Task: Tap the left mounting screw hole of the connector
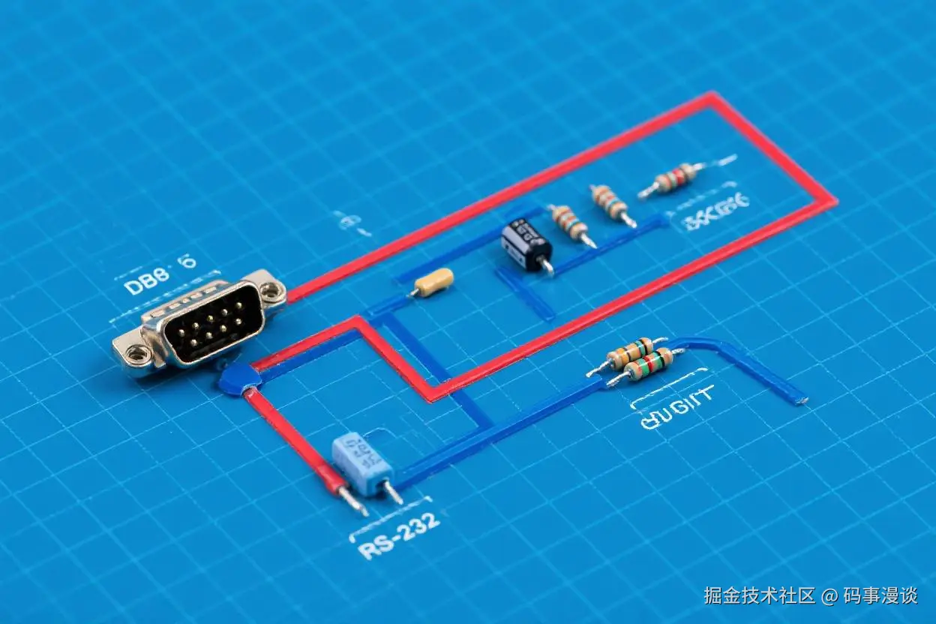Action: coord(136,352)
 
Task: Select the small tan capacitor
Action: coord(434,283)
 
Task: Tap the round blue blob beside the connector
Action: coord(239,379)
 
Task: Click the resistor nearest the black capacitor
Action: coord(572,223)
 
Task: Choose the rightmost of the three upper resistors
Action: coord(675,178)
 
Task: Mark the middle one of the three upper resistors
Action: coord(610,202)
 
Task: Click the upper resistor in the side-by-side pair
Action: coord(630,352)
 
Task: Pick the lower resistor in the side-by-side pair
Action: coord(649,367)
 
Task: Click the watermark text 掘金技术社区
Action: coord(759,596)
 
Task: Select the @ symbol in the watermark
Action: coord(829,597)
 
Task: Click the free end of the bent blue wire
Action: coord(801,399)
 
